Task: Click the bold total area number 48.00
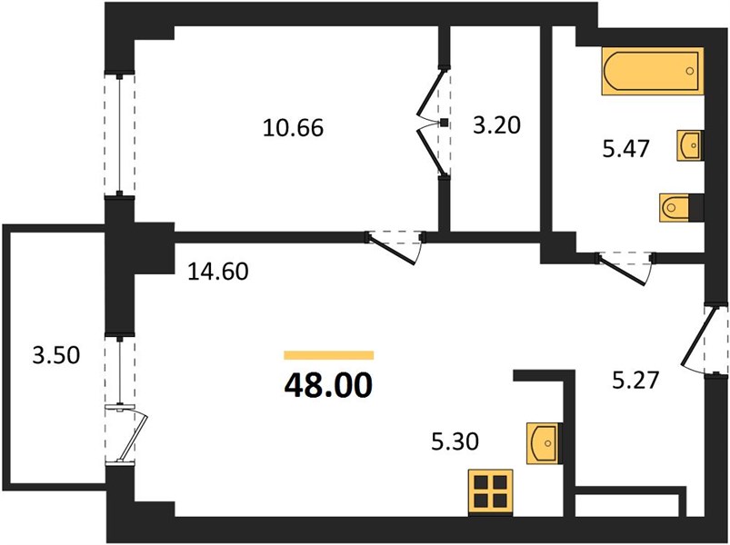[x=329, y=385]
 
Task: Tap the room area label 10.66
[x=293, y=128]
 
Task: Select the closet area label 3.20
[x=496, y=125]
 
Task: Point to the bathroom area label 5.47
[x=625, y=149]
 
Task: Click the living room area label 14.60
[x=218, y=271]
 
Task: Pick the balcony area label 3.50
[x=56, y=355]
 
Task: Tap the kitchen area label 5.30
[x=455, y=441]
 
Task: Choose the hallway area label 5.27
[x=636, y=380]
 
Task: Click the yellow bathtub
[x=652, y=71]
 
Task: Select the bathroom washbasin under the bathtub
[x=690, y=145]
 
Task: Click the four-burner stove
[x=491, y=492]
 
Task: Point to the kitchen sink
[x=544, y=443]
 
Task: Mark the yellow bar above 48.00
[x=329, y=355]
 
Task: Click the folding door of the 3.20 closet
[x=433, y=123]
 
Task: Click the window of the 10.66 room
[x=120, y=134]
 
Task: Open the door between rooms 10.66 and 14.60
[x=395, y=248]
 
